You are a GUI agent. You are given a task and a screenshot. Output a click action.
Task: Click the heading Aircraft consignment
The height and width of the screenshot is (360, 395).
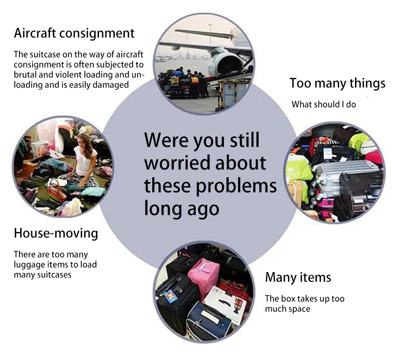coord(74,34)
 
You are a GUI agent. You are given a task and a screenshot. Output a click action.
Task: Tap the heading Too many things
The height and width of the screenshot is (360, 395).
coord(337,83)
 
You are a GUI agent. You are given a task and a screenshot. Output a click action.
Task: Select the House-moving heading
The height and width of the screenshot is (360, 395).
coord(56,233)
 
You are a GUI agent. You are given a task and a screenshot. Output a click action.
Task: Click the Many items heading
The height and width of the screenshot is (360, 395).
coord(298,277)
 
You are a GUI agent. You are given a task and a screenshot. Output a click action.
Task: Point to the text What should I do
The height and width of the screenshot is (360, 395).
coord(324,104)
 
